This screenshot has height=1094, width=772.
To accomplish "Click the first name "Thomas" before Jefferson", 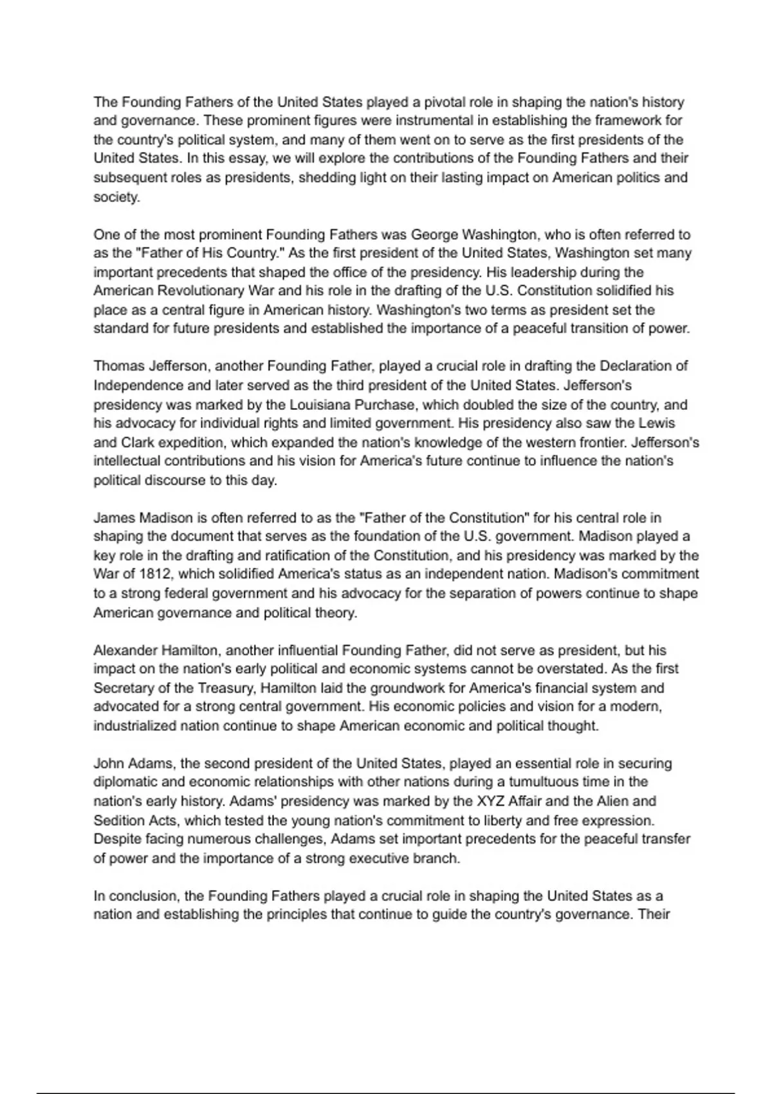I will tap(119, 366).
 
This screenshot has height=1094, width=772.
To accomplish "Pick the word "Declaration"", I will tap(636, 366).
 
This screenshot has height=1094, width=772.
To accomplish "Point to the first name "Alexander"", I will tap(124, 650).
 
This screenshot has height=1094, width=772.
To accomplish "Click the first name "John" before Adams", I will tap(108, 764).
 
